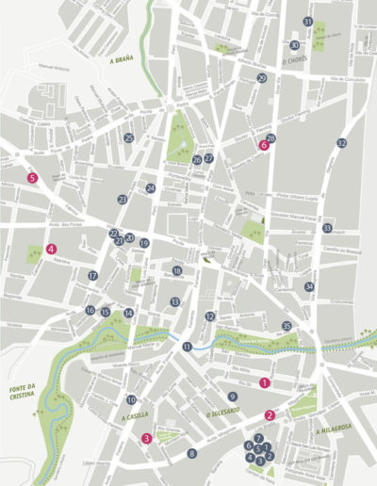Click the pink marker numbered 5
(x=33, y=177)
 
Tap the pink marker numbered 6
(x=264, y=146)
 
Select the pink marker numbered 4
(x=51, y=250)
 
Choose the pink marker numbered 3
(x=146, y=438)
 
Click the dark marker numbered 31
(x=307, y=22)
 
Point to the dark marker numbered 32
(x=341, y=143)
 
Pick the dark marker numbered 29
(x=261, y=79)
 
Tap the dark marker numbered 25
(x=129, y=138)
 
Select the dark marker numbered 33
(x=327, y=228)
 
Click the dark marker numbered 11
(x=188, y=348)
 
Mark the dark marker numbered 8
(x=192, y=454)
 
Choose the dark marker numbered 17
(x=93, y=276)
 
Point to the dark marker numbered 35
(x=287, y=326)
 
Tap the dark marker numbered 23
(x=123, y=200)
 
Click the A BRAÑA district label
(x=123, y=60)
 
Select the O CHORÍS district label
(x=297, y=65)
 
